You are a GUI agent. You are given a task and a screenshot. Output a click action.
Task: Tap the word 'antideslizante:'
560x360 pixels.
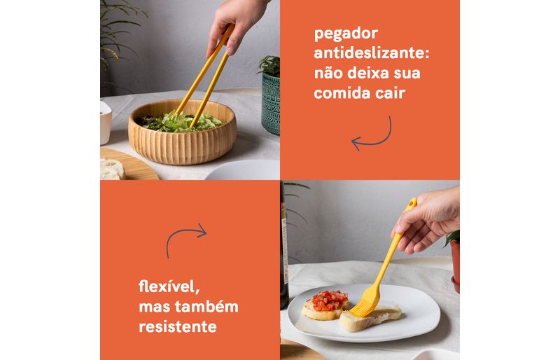(372, 53)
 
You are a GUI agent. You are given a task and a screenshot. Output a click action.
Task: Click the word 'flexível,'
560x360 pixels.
(169, 286)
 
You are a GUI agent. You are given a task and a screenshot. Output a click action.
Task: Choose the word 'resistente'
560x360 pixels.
(178, 326)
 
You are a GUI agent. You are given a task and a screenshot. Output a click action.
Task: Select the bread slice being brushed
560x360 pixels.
(370, 317)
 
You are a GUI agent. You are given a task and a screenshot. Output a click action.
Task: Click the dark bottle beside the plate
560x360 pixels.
(284, 247)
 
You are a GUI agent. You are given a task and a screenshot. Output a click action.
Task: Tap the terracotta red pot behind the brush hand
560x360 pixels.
(455, 263)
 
